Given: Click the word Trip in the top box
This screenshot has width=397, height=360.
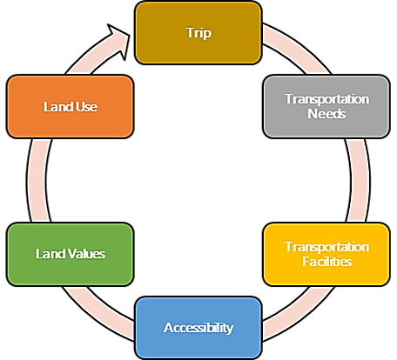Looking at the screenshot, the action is (198, 33).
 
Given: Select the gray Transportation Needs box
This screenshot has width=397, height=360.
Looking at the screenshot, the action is (326, 106).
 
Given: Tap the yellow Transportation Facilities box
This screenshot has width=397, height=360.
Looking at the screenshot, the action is (326, 254).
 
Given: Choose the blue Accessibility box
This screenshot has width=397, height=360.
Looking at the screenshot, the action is (198, 328).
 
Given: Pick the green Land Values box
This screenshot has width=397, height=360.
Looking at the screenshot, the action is (71, 254).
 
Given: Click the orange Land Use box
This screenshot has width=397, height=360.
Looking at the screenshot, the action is (71, 106).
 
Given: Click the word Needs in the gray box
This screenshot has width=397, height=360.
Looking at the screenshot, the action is (326, 114).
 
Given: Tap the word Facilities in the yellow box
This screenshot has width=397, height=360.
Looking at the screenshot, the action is (327, 262).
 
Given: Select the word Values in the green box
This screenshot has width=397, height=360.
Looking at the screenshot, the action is (86, 254).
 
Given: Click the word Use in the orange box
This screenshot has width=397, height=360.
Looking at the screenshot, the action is (87, 107).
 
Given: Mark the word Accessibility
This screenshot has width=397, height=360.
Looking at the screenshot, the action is (198, 328).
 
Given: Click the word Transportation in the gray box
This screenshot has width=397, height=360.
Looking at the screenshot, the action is (327, 99).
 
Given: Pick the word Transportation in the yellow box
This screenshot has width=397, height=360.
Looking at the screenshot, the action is (327, 247).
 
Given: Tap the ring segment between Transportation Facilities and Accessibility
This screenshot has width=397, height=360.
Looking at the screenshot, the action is (299, 313).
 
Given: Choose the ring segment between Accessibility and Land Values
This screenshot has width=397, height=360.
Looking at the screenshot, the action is (98, 313).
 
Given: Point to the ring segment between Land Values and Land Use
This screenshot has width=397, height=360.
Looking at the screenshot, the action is (37, 180).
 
